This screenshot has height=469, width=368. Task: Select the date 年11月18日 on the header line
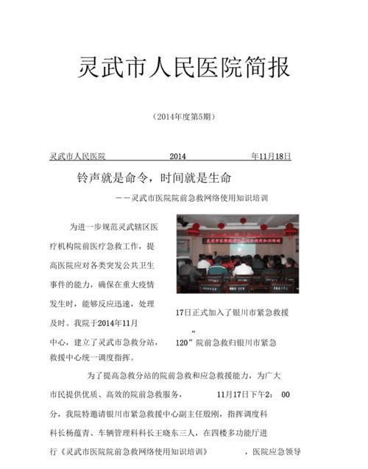coord(271,157)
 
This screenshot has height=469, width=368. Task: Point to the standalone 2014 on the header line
coord(179,157)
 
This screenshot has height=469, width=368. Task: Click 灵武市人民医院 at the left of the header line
coord(77,157)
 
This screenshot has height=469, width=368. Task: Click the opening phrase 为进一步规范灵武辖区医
coord(113,227)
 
